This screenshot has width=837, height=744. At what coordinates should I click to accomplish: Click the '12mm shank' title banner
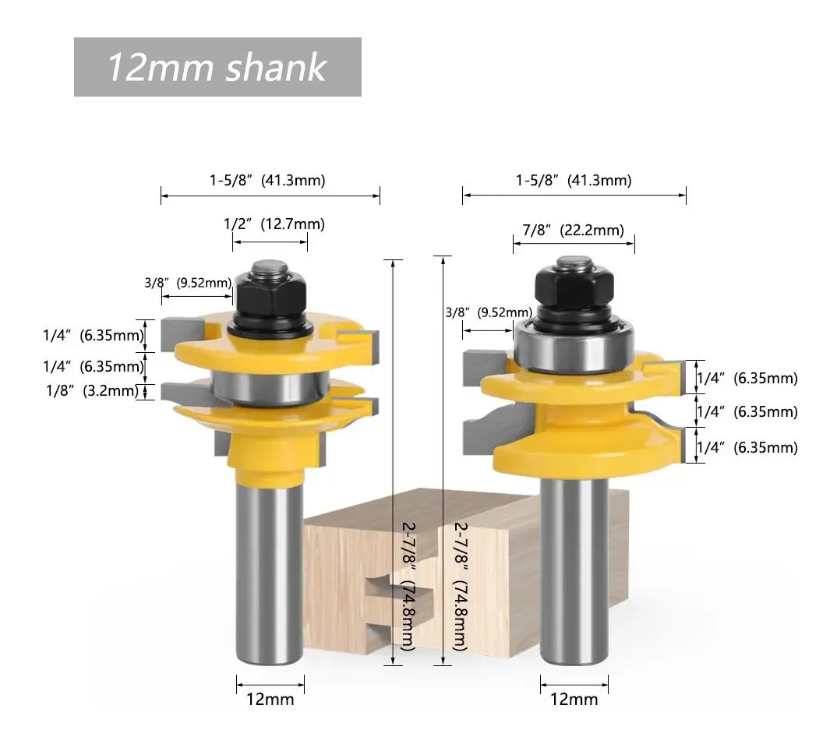pos(217,67)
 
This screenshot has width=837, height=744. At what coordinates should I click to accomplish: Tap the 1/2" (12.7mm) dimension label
pos(274,224)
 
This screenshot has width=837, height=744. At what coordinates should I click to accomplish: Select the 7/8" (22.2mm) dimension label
pos(574,230)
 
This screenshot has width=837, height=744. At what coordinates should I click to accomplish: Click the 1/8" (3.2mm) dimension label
pos(92,390)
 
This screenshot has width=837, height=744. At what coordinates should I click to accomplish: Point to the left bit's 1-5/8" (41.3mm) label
pos(267,180)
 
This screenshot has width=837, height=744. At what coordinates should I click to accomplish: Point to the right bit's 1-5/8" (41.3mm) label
pos(574,180)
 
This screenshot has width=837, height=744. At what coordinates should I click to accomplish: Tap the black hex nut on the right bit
pos(574,288)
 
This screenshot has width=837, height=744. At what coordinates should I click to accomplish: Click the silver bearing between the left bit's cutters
pos(270,389)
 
